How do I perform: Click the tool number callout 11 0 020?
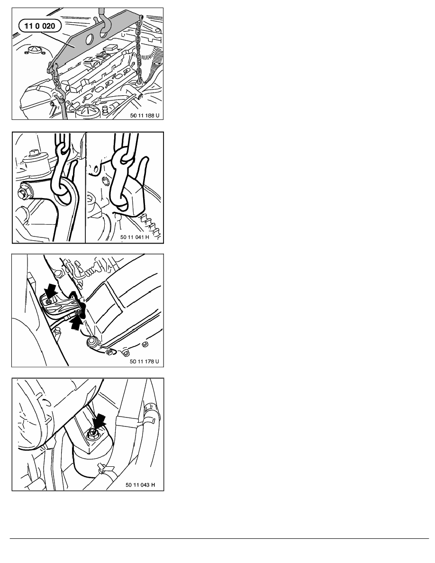(x=40, y=26)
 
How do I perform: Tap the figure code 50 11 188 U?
(x=145, y=116)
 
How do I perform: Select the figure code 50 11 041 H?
(x=135, y=237)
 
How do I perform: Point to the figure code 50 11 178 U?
(x=144, y=361)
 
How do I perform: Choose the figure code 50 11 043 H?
(x=140, y=485)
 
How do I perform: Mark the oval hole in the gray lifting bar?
(x=90, y=38)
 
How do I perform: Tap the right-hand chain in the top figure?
(x=139, y=50)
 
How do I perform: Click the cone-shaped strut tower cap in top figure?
(x=34, y=49)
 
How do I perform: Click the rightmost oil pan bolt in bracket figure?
(x=145, y=345)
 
